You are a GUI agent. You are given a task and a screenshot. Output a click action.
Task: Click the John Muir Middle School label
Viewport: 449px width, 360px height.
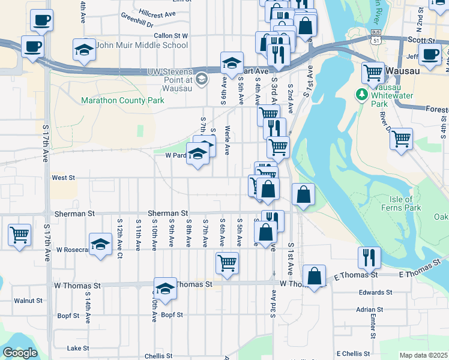[x=142, y=45]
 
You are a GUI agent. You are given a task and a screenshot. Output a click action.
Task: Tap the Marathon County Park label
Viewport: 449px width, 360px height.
[x=122, y=101]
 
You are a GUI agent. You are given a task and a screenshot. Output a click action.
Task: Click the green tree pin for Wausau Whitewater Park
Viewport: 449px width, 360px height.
[x=361, y=95]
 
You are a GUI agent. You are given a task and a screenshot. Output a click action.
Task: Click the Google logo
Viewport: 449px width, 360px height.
[x=20, y=353]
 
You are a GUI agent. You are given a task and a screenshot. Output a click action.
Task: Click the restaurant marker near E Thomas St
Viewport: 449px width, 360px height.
[x=369, y=257]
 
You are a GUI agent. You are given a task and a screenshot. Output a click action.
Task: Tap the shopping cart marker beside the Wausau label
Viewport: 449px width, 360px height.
[x=373, y=73]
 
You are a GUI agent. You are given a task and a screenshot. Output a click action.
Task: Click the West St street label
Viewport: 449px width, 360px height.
[x=63, y=178]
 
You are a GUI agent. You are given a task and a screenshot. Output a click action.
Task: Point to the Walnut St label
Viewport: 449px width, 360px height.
[x=28, y=301]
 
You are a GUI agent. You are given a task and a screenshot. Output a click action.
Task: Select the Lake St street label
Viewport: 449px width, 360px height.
[x=78, y=348]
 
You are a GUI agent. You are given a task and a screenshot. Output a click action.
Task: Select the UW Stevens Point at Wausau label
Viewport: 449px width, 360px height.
[x=170, y=80]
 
